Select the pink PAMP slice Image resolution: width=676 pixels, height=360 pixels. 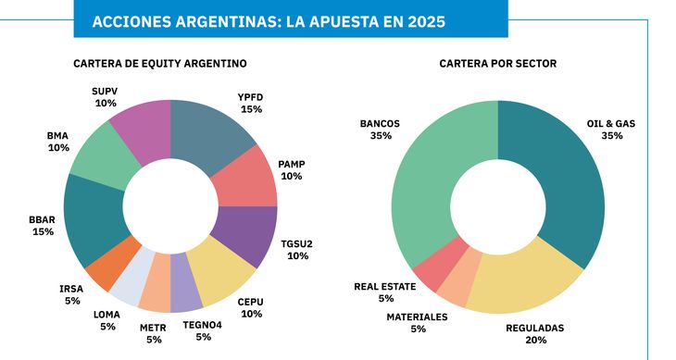tap(249, 181)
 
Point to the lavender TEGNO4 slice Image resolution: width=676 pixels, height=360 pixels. tap(186, 293)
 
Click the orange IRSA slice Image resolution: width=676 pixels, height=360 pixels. tap(105, 270)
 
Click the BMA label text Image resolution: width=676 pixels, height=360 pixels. tap(57, 135)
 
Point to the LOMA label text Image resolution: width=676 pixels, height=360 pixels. tap(106, 314)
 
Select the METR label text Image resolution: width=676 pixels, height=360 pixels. tap(153, 328)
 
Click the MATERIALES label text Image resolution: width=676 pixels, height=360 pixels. tap(417, 317)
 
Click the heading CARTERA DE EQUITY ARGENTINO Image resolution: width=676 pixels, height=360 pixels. tap(159, 64)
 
